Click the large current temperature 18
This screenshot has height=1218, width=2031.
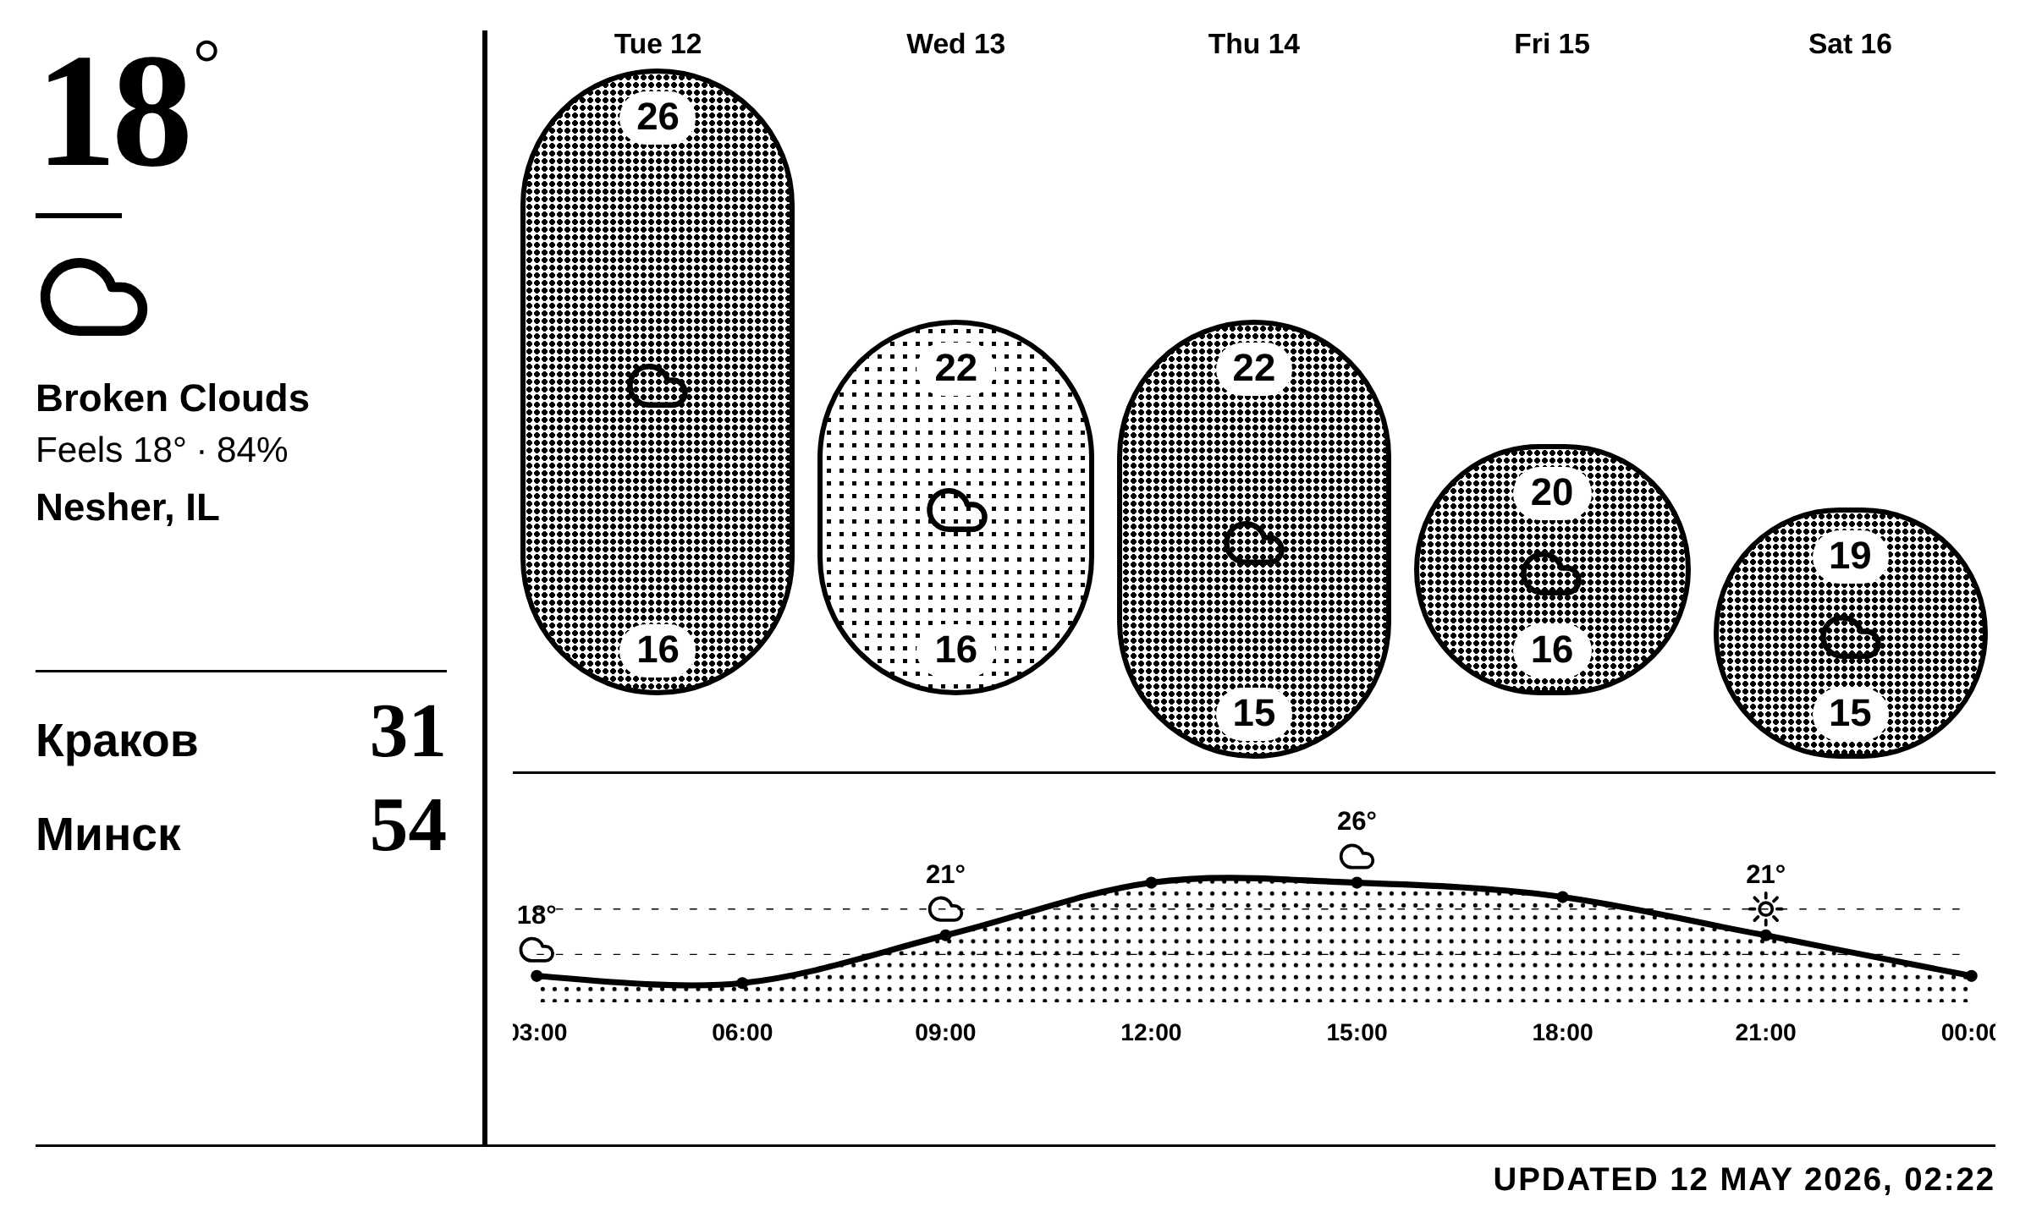115,112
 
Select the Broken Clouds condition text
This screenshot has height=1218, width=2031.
173,398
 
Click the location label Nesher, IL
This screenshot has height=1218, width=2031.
127,507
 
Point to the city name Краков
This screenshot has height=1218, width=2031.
117,740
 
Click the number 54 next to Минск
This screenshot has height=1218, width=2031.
408,825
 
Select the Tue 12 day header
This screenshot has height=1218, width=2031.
658,44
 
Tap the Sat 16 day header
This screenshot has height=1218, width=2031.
1850,44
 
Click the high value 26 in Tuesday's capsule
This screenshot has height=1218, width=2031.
658,117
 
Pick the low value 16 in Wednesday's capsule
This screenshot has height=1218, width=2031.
955,650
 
